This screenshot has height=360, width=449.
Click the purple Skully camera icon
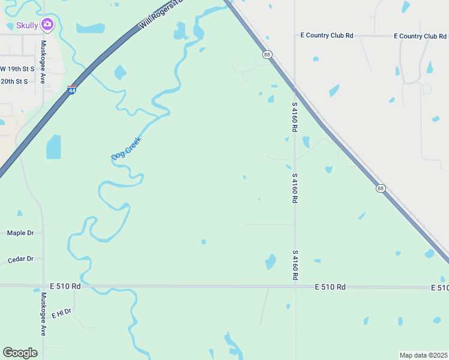click(x=47, y=25)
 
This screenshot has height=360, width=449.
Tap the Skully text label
click(x=27, y=25)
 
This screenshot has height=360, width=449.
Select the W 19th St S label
click(x=17, y=69)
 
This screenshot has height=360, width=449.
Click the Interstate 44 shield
click(x=72, y=91)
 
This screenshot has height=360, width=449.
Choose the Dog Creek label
click(x=126, y=148)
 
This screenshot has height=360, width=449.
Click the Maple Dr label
click(x=20, y=233)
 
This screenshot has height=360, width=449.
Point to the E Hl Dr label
click(x=61, y=313)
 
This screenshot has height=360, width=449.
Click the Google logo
click(x=20, y=353)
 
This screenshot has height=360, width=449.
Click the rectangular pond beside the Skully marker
click(x=90, y=28)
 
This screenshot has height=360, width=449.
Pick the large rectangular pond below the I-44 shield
click(x=53, y=147)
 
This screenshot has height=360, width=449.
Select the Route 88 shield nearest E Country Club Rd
click(x=267, y=55)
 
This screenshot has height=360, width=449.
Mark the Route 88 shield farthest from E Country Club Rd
click(x=381, y=188)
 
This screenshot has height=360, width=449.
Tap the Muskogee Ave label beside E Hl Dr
click(x=43, y=314)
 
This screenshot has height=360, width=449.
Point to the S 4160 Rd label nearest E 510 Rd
click(x=295, y=266)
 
